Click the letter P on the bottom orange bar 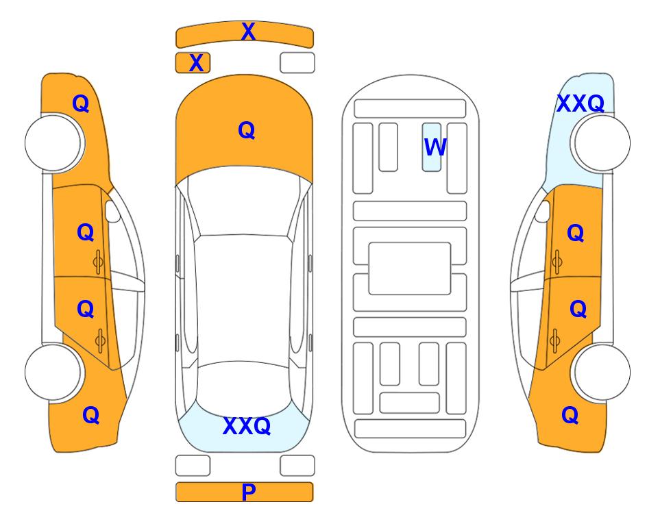point(249,492)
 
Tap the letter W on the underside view point(435,147)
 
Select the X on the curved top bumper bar point(248,32)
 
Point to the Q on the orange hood point(246,130)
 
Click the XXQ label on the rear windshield point(247,427)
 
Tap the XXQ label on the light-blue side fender point(580,103)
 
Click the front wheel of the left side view point(53,142)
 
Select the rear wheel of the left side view point(53,372)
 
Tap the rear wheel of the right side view point(601,372)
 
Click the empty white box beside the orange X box point(297,62)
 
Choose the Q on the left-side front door point(85,232)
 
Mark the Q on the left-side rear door point(85,309)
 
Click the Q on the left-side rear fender point(90,414)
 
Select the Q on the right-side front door point(575,233)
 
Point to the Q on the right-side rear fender point(570,414)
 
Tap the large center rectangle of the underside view point(410,268)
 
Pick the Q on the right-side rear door point(578,309)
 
